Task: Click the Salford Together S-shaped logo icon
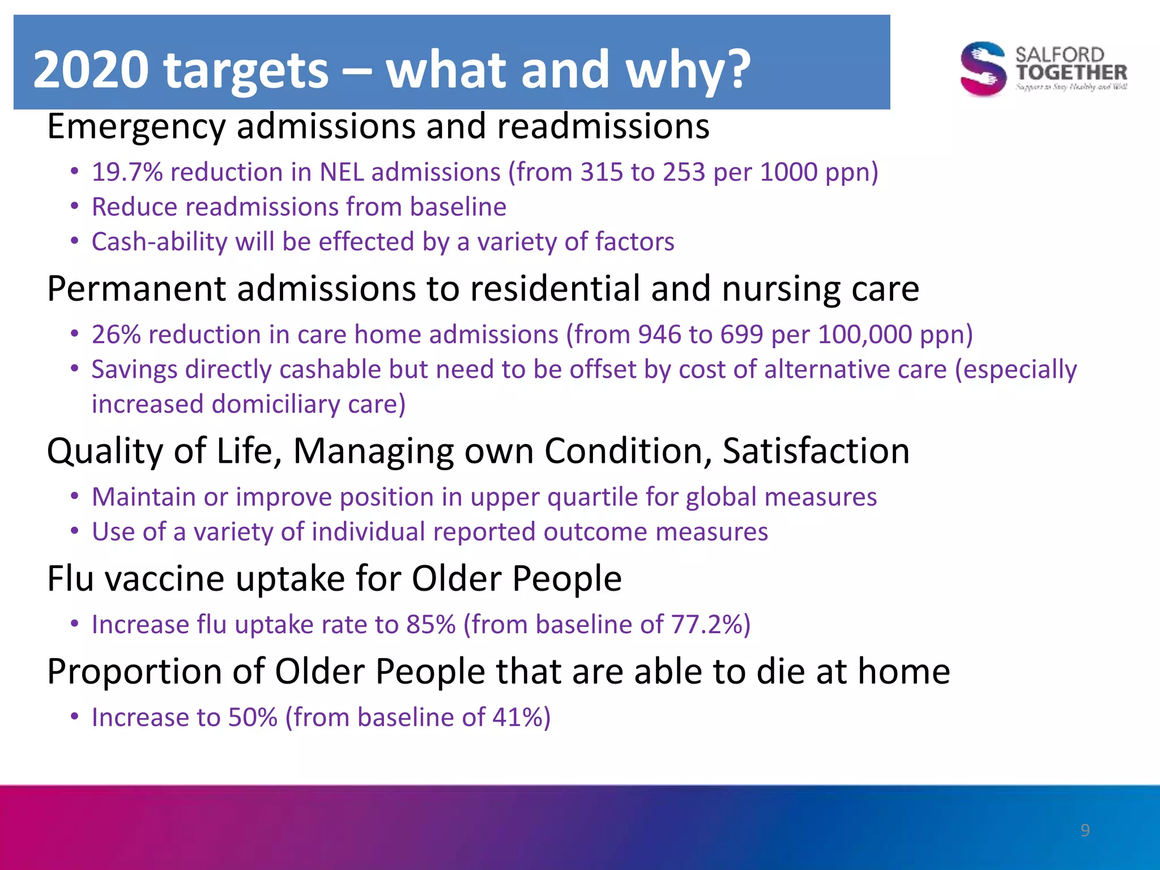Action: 983,69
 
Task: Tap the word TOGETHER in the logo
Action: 1071,72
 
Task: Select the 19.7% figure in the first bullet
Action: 127,172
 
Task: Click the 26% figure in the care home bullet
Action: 116,335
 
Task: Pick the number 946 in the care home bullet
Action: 659,335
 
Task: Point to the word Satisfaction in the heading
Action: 816,451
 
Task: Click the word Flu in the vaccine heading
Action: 70,579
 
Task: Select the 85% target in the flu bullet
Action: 430,625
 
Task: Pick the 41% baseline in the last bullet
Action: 515,718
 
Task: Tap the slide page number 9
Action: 1085,830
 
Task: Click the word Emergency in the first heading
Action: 136,127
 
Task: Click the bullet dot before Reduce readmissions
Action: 75,207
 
